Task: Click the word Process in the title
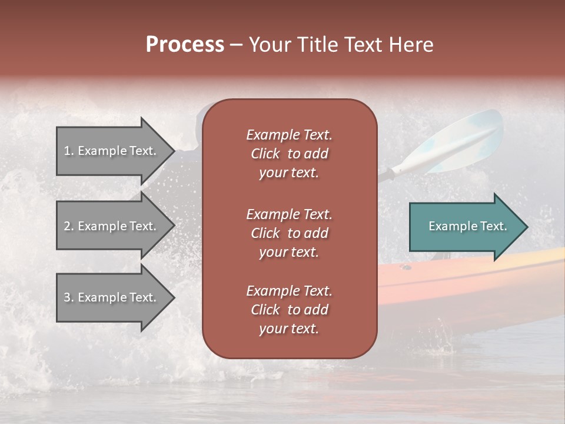185,45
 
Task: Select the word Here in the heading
411,45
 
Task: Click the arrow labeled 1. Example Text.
112,151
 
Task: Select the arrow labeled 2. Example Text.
112,226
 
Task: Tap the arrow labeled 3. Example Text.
112,297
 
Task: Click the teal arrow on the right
465,227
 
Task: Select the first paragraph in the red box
289,154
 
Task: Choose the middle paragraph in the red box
289,233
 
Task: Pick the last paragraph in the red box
289,310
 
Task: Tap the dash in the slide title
236,45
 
